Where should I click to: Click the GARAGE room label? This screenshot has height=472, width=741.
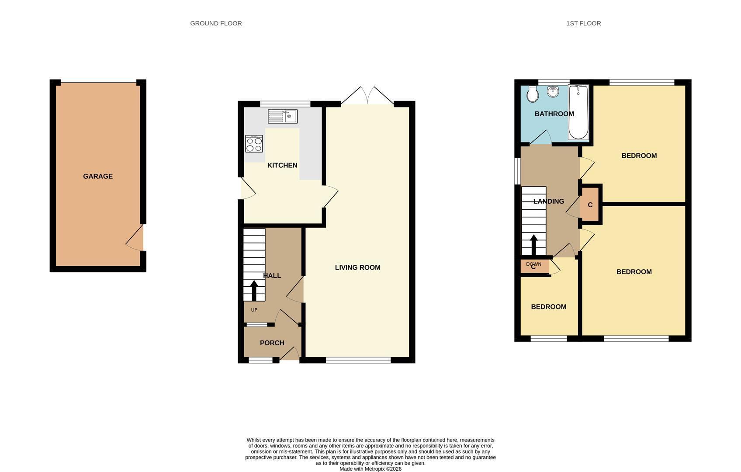(x=98, y=177)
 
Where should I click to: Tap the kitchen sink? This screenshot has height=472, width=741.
(x=283, y=117)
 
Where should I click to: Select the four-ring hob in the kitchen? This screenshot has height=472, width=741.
(x=254, y=144)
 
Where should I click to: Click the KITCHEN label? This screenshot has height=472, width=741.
(x=282, y=166)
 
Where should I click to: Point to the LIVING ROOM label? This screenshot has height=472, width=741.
(x=357, y=267)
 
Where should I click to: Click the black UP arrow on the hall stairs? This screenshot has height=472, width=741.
(x=254, y=291)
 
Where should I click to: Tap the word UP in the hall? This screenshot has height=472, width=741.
(x=254, y=310)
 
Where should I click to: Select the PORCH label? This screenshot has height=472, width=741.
(x=272, y=343)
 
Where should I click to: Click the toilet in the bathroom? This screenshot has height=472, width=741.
(x=533, y=94)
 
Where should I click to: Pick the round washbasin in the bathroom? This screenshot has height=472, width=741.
(x=553, y=91)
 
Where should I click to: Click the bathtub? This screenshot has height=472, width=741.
(x=578, y=112)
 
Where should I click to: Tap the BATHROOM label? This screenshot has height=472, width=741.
(x=554, y=114)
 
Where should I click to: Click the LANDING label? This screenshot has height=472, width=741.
(x=549, y=201)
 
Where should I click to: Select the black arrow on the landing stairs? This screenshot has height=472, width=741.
(x=533, y=245)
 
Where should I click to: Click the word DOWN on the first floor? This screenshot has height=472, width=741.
(x=533, y=264)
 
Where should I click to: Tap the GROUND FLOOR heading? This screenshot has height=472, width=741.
(x=216, y=24)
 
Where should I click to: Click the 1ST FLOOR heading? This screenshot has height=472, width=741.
(x=584, y=24)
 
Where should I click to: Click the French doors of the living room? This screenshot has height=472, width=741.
(x=367, y=96)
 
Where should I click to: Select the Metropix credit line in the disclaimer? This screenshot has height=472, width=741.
(x=370, y=469)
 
